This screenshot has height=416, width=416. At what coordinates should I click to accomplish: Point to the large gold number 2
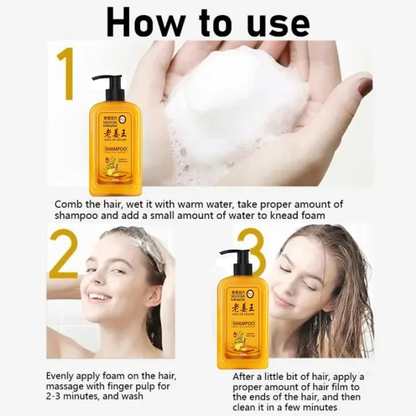(63, 255)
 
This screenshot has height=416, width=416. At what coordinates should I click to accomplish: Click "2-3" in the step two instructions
(58, 397)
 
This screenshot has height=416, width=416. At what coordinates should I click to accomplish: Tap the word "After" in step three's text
(248, 375)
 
